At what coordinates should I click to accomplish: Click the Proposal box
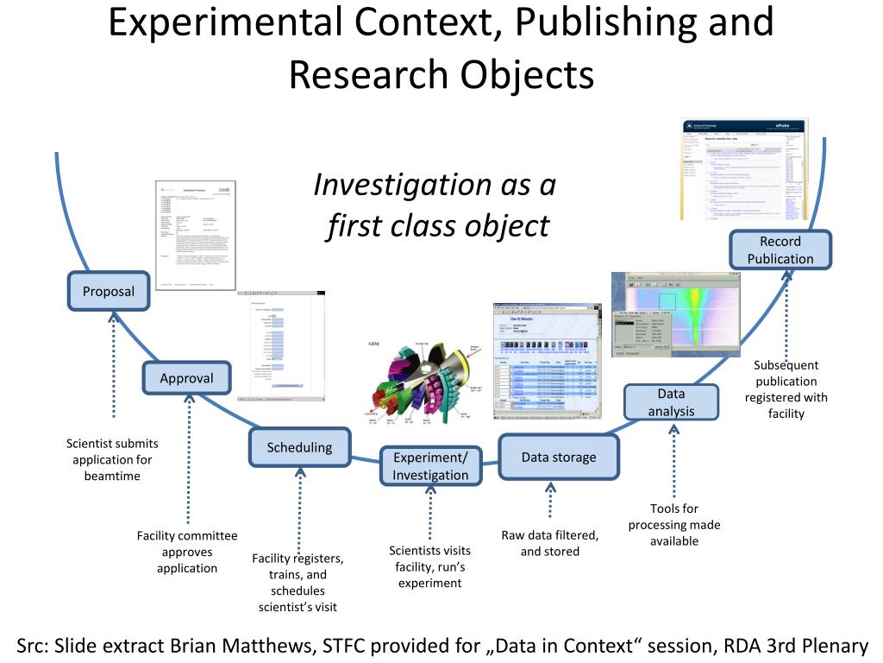tap(109, 291)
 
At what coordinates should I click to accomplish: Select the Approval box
tap(186, 378)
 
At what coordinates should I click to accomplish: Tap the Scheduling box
tap(299, 447)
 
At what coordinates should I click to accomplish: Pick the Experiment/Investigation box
tap(430, 466)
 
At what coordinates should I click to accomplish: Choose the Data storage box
tap(559, 457)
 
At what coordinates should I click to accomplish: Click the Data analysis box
tap(671, 402)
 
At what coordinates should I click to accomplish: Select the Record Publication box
tap(780, 249)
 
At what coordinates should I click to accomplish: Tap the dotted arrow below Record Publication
tap(786, 311)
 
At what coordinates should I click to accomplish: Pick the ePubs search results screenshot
tap(744, 169)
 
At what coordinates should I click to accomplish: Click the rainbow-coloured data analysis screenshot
tap(676, 313)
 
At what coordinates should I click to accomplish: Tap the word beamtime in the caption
tap(112, 476)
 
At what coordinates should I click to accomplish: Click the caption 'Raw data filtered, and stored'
tap(550, 543)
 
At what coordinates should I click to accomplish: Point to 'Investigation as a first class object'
tap(435, 205)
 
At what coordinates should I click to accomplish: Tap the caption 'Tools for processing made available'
tap(674, 524)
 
